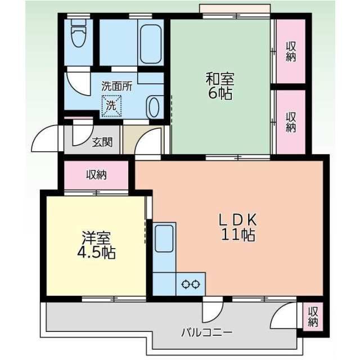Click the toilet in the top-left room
click(x=78, y=37)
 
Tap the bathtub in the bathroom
click(x=151, y=44)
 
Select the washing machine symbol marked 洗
click(x=110, y=105)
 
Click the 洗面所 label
click(x=116, y=87)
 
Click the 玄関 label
click(x=102, y=142)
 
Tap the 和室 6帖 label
click(x=219, y=85)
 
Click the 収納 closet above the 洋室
click(x=96, y=175)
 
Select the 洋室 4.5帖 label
click(x=96, y=246)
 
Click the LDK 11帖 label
click(x=237, y=227)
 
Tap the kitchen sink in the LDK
click(x=164, y=238)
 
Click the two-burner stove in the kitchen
click(x=191, y=284)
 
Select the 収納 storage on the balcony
click(x=313, y=317)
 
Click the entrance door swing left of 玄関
click(x=46, y=140)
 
